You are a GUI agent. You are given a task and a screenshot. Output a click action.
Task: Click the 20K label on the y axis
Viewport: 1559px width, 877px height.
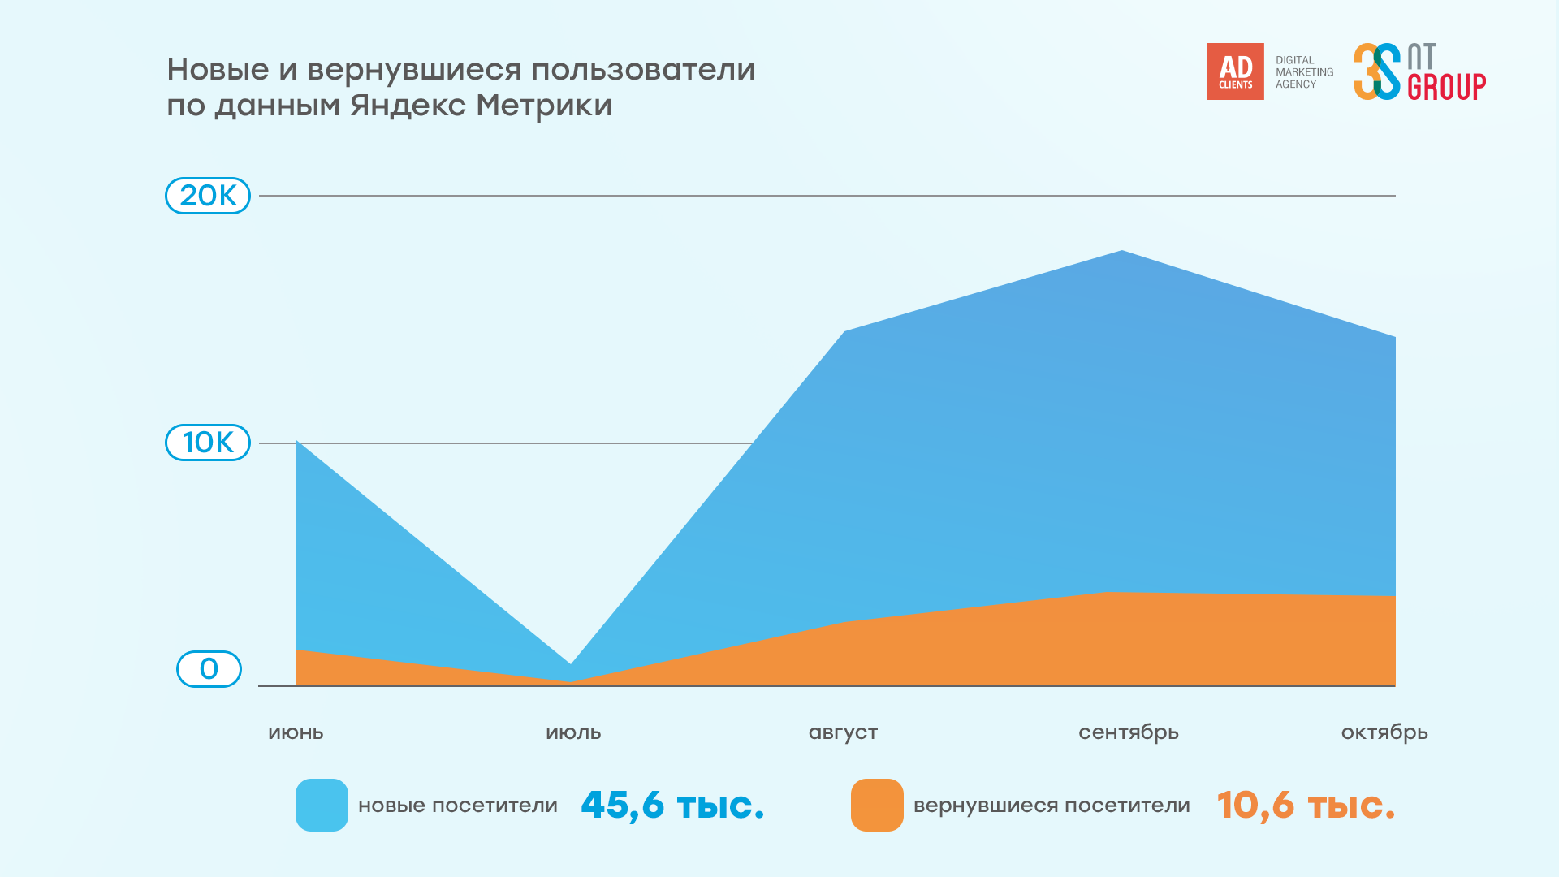208,196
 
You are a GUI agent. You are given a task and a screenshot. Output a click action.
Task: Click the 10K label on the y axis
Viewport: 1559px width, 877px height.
208,443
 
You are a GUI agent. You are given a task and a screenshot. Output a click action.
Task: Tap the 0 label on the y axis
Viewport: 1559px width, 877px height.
209,669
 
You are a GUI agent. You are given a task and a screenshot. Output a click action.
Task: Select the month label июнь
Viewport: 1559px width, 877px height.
296,732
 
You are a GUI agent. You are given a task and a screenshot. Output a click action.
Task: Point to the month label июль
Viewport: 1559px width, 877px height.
573,732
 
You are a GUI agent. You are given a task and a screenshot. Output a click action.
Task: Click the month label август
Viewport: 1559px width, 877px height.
843,732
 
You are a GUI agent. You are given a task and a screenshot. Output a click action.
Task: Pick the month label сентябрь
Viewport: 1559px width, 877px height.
1128,732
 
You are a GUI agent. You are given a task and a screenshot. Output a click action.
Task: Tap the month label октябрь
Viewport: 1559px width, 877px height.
1384,732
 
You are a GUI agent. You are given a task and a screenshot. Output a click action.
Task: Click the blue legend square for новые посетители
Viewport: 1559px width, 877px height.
322,805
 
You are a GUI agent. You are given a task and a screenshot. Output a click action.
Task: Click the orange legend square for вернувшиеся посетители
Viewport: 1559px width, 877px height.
877,805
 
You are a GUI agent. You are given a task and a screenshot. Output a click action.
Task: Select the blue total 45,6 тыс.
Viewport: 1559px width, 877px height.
672,805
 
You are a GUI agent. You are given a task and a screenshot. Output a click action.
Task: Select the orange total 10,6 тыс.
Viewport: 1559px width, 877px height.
1306,805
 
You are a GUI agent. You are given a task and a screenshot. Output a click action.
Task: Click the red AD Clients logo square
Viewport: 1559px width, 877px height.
1235,71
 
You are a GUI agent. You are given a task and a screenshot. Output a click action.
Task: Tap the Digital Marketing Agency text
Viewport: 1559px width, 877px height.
1303,72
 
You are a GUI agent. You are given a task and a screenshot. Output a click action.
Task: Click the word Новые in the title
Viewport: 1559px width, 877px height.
218,70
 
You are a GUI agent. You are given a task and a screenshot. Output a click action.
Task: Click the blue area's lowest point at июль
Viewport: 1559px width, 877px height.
571,663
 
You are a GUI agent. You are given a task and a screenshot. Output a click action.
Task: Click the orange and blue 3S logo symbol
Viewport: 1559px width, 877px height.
1377,71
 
